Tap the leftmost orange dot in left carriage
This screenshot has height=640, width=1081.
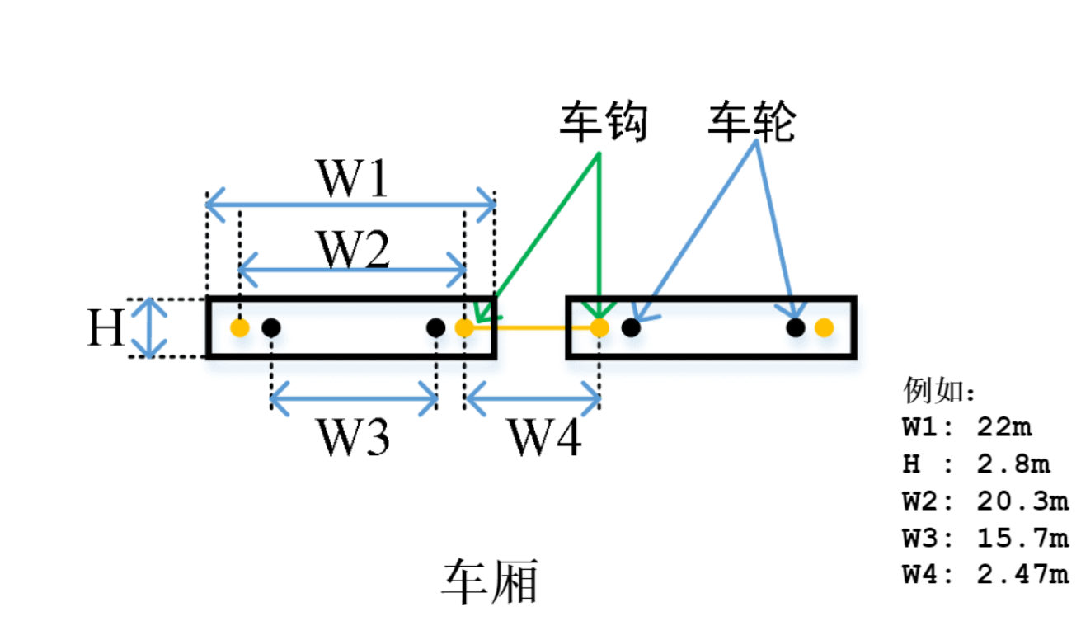tap(240, 327)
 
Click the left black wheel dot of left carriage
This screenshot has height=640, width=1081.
tap(271, 327)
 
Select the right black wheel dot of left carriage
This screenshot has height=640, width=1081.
tap(435, 327)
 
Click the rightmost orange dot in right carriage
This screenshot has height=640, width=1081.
tap(824, 327)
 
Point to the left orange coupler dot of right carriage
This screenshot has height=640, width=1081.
tap(599, 327)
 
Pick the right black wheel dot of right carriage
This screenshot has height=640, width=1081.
tap(795, 327)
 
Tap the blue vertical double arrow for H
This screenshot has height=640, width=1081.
tap(149, 327)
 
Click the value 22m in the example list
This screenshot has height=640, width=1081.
tap(1003, 427)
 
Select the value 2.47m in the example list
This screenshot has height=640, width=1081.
tap(1022, 575)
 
